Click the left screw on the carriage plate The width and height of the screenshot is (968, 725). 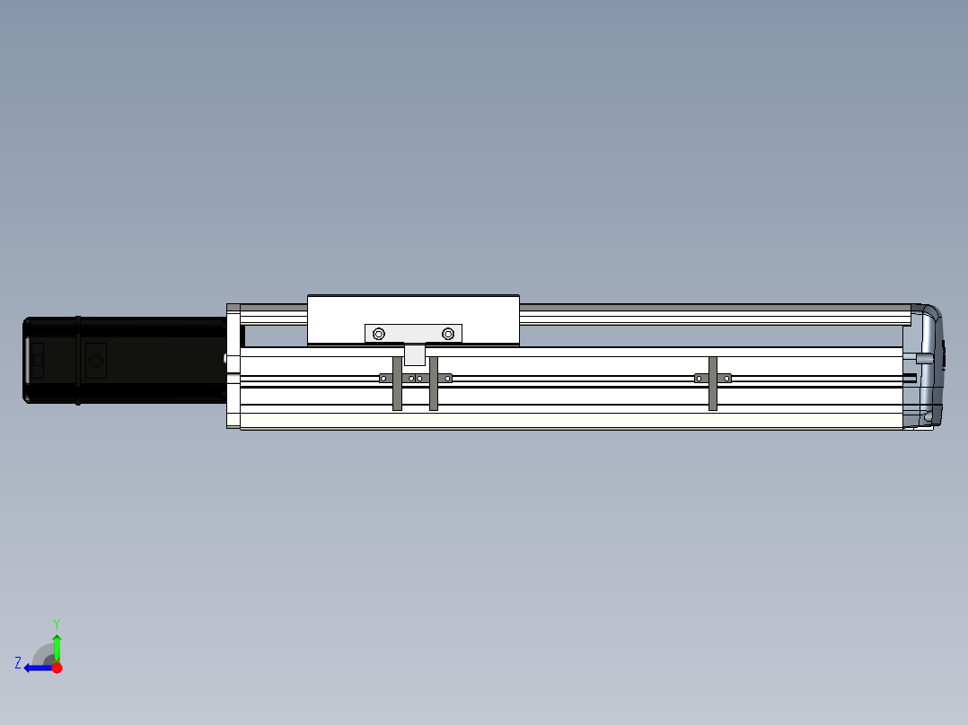(379, 334)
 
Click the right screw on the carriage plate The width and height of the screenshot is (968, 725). (448, 334)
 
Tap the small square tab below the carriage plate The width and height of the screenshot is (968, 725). (414, 354)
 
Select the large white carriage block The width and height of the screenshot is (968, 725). (414, 319)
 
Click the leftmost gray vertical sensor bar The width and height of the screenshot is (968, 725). (397, 383)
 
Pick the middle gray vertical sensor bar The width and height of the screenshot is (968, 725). (434, 383)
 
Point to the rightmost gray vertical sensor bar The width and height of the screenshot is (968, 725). (713, 383)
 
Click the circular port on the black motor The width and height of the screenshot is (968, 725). (96, 361)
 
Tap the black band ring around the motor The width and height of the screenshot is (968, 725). (78, 361)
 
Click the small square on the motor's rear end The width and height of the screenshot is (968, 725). (38, 360)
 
